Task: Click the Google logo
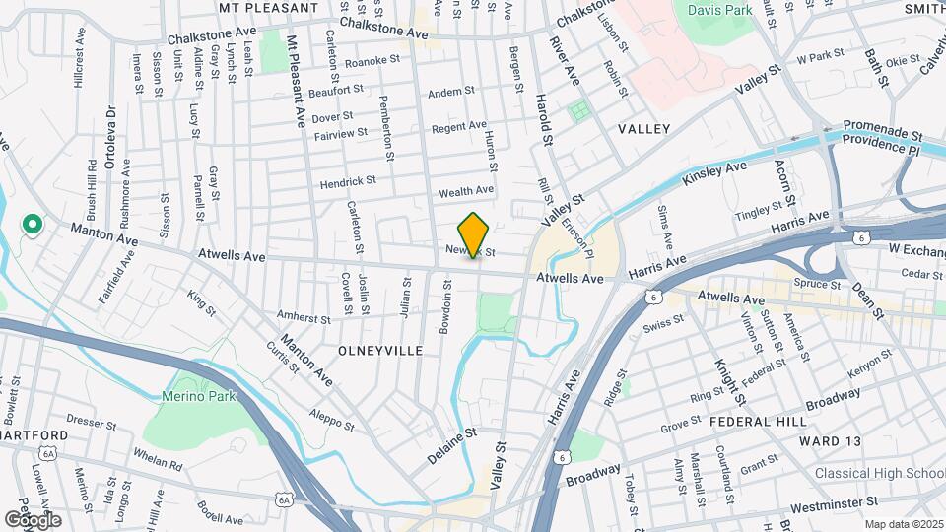coord(32,519)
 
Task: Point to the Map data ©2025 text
coord(904,525)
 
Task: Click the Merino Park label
coord(190,396)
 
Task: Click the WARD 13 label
coord(825,440)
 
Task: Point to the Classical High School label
coord(880,474)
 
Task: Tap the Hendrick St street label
coord(348,182)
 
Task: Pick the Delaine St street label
coord(452,445)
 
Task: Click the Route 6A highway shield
coord(285,500)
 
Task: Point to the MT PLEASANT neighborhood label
coord(269,8)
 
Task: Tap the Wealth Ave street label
coord(467,190)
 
